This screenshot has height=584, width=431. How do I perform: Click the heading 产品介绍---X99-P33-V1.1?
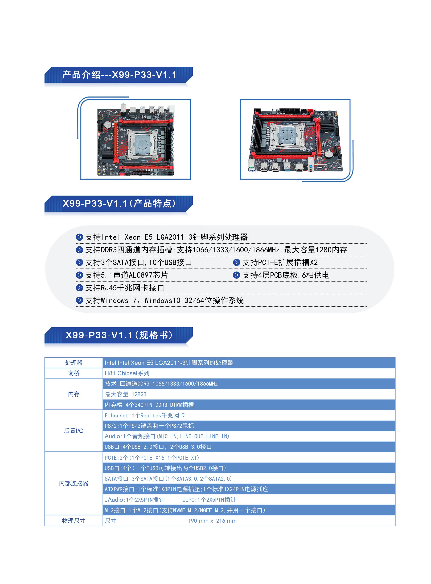click(119, 75)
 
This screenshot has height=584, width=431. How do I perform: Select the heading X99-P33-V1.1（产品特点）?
click(119, 203)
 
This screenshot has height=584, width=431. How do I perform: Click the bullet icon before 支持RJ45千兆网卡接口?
click(79, 288)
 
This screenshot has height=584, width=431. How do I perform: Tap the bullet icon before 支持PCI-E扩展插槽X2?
click(236, 263)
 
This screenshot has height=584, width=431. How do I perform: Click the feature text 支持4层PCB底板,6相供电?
click(286, 275)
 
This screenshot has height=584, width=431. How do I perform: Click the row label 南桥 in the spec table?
click(74, 373)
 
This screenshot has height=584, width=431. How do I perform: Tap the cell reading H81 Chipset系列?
click(127, 373)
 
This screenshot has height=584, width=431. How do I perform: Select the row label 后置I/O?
click(74, 431)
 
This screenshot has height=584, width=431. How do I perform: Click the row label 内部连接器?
click(74, 483)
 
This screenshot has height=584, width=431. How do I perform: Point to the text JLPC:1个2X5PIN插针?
click(209, 500)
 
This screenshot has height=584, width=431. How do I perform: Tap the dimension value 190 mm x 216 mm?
click(212, 521)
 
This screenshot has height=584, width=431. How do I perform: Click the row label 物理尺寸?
click(74, 521)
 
